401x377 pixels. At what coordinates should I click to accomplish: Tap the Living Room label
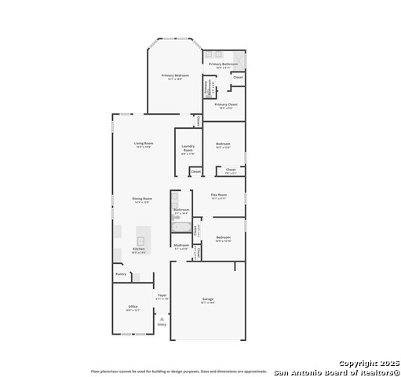[144, 143]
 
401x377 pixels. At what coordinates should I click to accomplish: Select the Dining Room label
[142, 199]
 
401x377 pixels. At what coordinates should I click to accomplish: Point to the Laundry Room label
[188, 147]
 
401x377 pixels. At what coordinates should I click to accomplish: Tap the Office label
[128, 307]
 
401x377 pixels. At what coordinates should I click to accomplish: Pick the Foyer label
[162, 295]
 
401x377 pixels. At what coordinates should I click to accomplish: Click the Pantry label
[121, 274]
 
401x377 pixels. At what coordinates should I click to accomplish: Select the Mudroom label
[181, 245]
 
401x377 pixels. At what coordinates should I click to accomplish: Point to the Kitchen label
[138, 249]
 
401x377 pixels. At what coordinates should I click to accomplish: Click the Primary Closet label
[226, 104]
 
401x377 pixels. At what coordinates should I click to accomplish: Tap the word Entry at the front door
[162, 324]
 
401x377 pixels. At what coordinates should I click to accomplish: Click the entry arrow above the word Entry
[162, 318]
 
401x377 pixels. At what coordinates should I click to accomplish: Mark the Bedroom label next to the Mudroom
[223, 237]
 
